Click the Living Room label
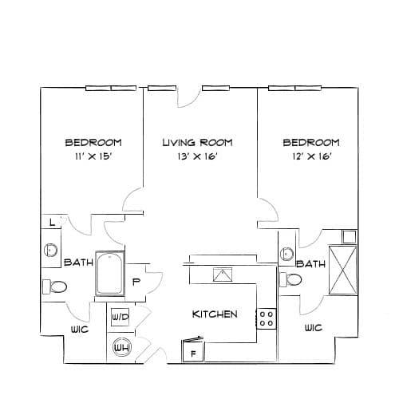point(197,143)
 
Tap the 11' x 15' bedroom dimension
point(93,156)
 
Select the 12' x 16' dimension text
point(311,156)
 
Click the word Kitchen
point(215,314)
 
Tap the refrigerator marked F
point(193,351)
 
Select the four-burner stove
point(267,318)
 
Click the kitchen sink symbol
point(223,275)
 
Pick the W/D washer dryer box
point(120,317)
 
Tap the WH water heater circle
point(121,347)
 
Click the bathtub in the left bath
point(110,274)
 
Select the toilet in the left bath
point(55,286)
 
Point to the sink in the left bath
point(50,251)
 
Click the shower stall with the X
point(342,270)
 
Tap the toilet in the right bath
point(290,279)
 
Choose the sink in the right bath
point(286,254)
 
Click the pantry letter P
point(136,282)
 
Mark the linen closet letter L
point(53,222)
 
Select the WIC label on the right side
point(314,328)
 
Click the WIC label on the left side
point(80,330)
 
